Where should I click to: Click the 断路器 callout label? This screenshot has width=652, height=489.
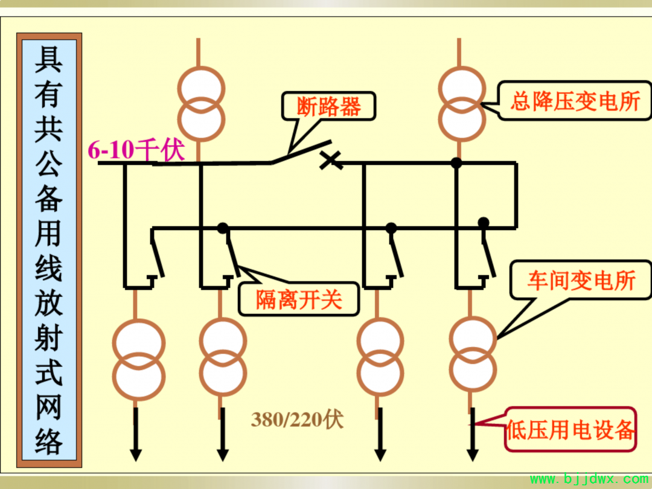pos(328,106)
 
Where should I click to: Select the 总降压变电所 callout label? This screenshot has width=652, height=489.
pos(575,101)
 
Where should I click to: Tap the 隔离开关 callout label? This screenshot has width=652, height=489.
pos(299,299)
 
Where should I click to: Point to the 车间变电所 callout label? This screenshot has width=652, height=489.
pos(581,280)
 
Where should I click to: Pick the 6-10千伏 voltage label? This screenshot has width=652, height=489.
pos(136,149)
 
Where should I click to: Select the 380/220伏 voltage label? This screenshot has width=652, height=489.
pos(297,419)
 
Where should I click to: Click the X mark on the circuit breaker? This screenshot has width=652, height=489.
pos(331,160)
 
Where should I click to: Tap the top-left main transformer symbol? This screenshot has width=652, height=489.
pos(201,104)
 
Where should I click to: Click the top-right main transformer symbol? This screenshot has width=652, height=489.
pos(462,104)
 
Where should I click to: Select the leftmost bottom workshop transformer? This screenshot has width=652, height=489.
pos(139,360)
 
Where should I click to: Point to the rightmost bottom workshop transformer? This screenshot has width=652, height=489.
pos(473,354)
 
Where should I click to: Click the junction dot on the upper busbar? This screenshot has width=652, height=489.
pos(456,163)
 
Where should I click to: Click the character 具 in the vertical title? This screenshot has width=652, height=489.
pos(49,59)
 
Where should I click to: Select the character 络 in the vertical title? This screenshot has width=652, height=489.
pos(49,441)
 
